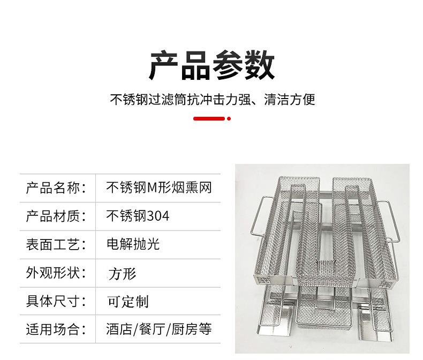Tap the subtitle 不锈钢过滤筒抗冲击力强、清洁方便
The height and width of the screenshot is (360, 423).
point(211,100)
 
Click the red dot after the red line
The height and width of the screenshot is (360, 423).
point(229,118)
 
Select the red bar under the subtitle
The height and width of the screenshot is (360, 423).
point(209,118)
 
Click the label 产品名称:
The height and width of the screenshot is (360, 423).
point(56,187)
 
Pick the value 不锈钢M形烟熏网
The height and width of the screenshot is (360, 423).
point(160,187)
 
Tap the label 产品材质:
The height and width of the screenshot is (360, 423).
point(56,216)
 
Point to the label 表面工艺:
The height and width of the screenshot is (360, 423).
point(56,244)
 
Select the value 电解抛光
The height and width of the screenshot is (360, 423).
point(133,244)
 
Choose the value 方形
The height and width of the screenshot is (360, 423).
point(122,273)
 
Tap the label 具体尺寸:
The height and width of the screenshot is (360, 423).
point(56,301)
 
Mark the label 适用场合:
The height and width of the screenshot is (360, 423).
point(56,329)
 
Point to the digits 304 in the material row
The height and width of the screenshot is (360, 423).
point(158,216)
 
